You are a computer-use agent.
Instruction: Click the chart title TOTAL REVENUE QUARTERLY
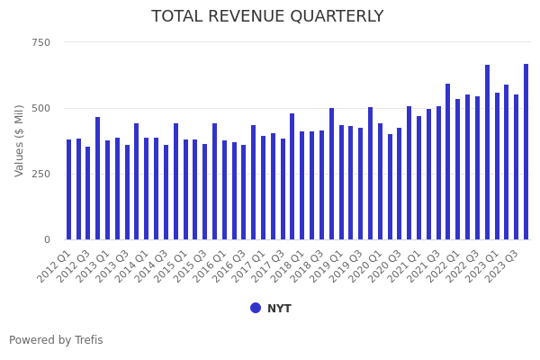pyautogui.click(x=267, y=16)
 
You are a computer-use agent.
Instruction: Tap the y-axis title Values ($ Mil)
pyautogui.click(x=20, y=140)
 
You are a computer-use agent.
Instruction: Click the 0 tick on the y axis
pyautogui.click(x=47, y=239)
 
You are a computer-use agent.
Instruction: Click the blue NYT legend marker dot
pyautogui.click(x=256, y=308)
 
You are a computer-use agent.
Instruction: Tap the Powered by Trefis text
pyautogui.click(x=56, y=340)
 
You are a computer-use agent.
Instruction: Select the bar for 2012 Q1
pyautogui.click(x=68, y=189)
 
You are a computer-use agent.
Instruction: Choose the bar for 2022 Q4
pyautogui.click(x=487, y=152)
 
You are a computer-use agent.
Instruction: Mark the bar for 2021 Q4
pyautogui.click(x=448, y=162)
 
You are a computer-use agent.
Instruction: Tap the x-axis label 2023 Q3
pyautogui.click(x=501, y=266)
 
